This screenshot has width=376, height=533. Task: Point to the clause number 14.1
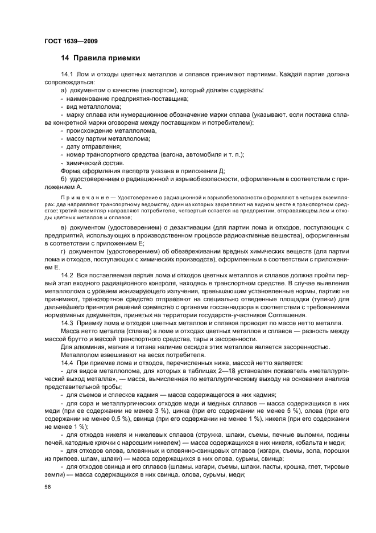[68, 75]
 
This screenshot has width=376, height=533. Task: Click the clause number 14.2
[68, 275]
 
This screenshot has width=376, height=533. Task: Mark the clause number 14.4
[68, 362]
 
